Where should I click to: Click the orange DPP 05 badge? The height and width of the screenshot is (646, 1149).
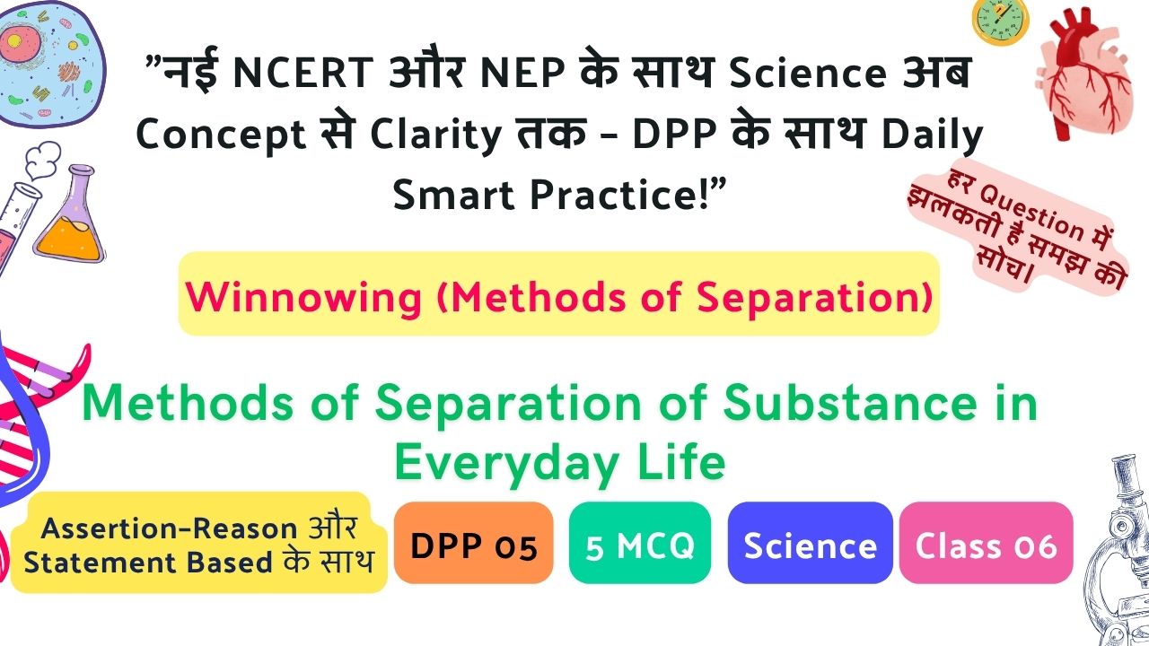tap(473, 543)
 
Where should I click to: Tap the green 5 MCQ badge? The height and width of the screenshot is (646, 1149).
tap(640, 543)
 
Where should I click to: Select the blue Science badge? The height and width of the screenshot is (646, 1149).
tap(810, 543)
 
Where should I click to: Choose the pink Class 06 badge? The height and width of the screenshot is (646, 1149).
tap(986, 543)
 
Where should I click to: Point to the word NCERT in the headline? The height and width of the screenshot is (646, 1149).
tap(303, 73)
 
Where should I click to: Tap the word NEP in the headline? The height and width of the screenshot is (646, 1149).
tap(522, 73)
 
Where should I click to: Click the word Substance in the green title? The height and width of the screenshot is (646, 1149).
tap(850, 403)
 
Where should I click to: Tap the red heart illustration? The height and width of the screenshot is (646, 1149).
tap(1083, 74)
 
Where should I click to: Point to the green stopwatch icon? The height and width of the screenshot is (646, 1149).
tap(1000, 22)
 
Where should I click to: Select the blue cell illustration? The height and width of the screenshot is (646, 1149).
tap(50, 64)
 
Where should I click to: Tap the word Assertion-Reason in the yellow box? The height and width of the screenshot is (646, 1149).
tap(169, 528)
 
